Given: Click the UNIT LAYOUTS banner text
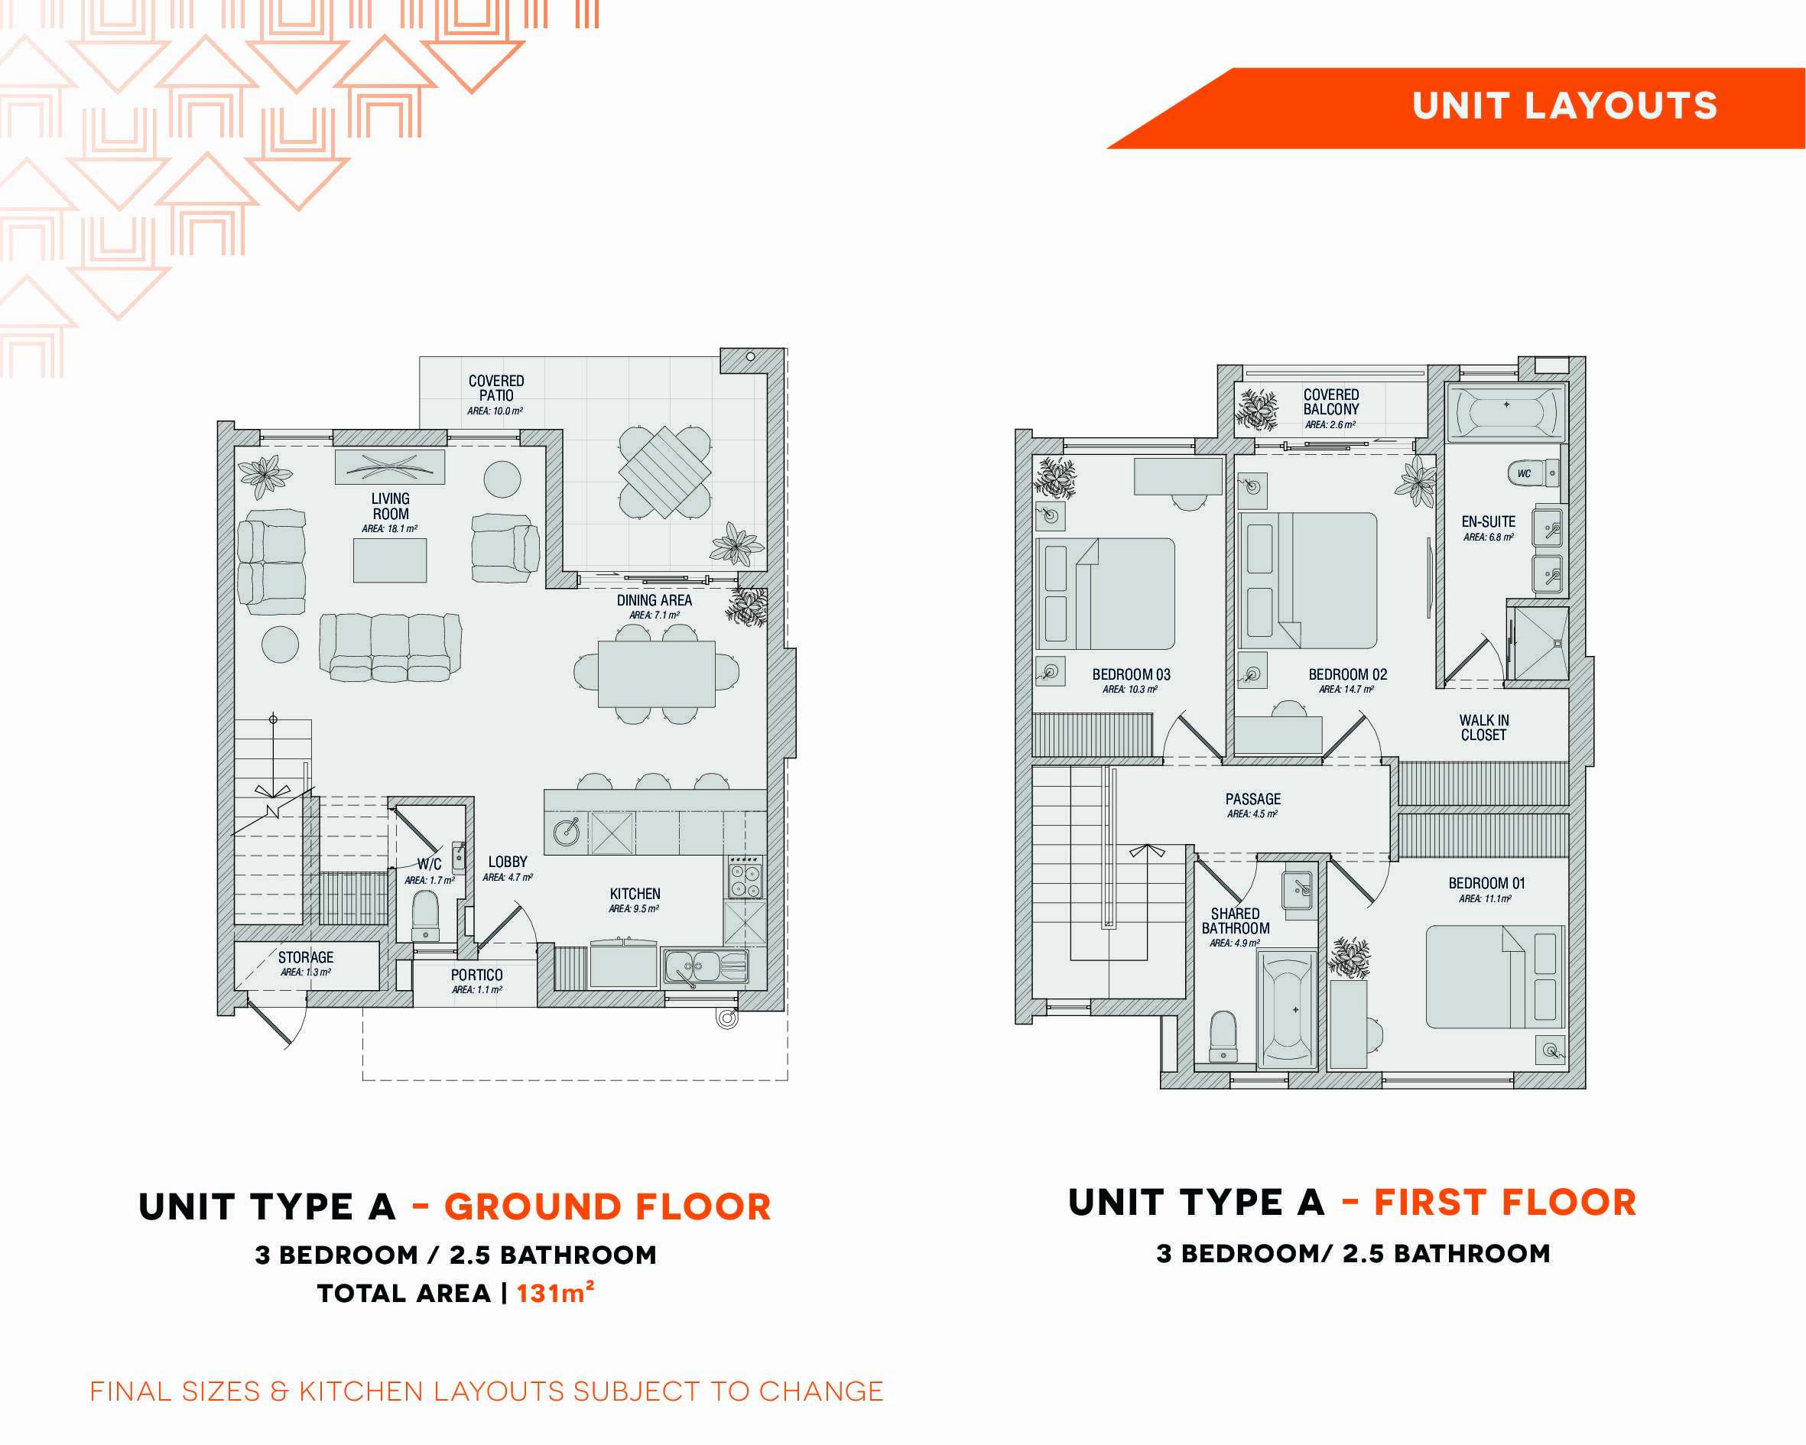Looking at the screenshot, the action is [1564, 106].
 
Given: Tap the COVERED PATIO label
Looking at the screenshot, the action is [496, 388].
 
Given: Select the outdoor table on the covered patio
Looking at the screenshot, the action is [665, 472].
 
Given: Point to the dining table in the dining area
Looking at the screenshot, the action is [657, 674].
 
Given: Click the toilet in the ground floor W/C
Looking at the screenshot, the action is [426, 917].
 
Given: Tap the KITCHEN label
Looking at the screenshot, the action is [635, 894].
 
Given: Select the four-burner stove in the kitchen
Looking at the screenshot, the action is [745, 877].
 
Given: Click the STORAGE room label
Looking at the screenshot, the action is [306, 957].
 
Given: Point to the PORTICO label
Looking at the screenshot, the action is [476, 975].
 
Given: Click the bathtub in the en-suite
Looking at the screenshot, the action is [1506, 412].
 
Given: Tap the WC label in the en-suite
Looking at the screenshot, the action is [1524, 473].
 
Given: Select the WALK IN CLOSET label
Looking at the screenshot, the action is [1483, 727].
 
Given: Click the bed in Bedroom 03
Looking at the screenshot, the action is [1106, 594].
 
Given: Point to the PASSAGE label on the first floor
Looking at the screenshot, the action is [1253, 799].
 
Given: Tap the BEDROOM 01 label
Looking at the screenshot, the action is [1487, 883].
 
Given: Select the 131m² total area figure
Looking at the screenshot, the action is [555, 1293].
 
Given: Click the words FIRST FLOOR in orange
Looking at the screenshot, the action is [1506, 1202].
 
